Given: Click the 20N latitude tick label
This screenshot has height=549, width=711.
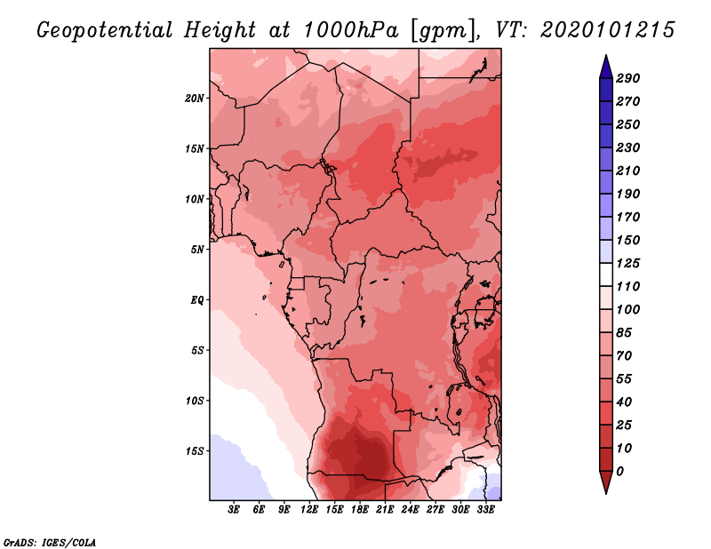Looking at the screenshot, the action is (x=195, y=99).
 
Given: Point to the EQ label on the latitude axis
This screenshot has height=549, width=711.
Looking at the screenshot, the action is (x=197, y=300).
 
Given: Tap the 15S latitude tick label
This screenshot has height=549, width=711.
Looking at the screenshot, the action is (x=195, y=451).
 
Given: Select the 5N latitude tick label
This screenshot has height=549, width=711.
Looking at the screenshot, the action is (x=197, y=250).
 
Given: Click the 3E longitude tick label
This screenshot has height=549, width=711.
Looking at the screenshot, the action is (x=234, y=510).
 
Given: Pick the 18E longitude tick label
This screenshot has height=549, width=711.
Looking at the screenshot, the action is (x=360, y=510).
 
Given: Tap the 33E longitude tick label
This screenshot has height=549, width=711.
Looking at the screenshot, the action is (x=485, y=510).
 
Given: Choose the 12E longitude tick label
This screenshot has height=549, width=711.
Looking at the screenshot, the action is (x=309, y=510).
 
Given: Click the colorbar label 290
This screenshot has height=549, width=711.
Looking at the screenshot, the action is (x=628, y=78).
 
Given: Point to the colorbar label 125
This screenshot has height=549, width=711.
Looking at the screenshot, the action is (x=628, y=263).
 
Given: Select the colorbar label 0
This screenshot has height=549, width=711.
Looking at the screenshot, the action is (x=619, y=472).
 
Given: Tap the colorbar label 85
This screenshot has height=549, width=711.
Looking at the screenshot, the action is (x=624, y=333).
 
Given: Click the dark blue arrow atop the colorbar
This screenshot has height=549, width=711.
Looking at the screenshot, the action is (x=606, y=68).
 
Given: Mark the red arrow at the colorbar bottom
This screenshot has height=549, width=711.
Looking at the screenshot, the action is (x=606, y=482).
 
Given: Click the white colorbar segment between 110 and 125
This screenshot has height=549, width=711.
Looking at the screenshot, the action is (x=606, y=274).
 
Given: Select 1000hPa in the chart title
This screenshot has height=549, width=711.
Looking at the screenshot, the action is (x=351, y=30).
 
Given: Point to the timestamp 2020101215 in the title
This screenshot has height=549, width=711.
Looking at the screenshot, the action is (x=608, y=30).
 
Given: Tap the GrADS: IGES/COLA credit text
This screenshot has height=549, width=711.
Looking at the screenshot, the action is (x=50, y=543).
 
